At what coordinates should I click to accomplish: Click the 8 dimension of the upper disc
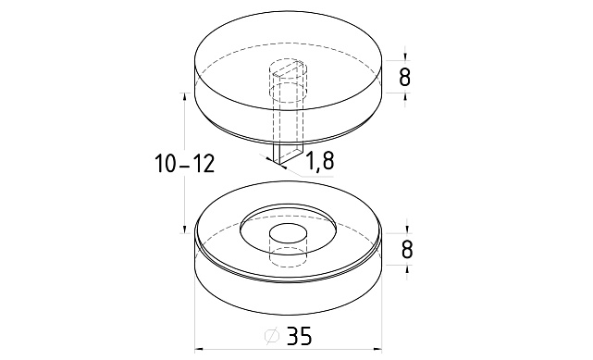[x=404, y=78]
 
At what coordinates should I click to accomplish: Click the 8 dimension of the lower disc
[x=406, y=250]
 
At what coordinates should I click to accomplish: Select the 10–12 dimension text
[x=185, y=164]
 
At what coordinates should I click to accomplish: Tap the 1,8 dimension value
[x=319, y=160]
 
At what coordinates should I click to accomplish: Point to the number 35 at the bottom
[x=299, y=335]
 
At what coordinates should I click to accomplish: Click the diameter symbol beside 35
[x=272, y=336]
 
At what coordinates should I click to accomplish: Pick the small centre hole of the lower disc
[x=288, y=234]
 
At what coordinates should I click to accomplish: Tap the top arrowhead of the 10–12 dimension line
[x=184, y=97]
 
